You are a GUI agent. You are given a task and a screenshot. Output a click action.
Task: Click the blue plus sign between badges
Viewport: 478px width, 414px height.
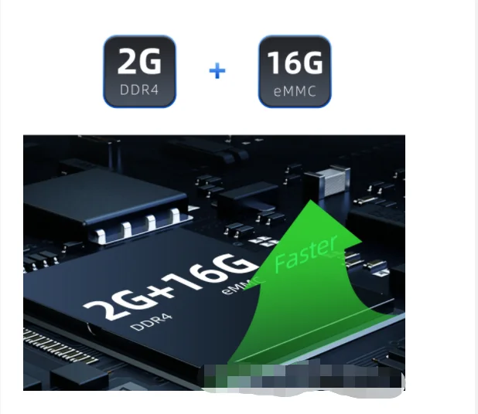pyautogui.click(x=217, y=71)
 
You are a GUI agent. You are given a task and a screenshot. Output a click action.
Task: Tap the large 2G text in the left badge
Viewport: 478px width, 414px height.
pyautogui.click(x=139, y=61)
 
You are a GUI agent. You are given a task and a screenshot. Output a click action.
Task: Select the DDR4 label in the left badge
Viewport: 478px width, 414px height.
pyautogui.click(x=139, y=90)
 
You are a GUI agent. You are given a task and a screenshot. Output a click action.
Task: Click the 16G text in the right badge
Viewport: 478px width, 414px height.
pyautogui.click(x=295, y=63)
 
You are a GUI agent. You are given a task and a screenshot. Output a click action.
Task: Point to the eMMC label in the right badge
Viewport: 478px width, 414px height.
pyautogui.click(x=295, y=91)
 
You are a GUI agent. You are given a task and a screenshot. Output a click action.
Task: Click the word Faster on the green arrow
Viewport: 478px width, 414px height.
pyautogui.click(x=306, y=253)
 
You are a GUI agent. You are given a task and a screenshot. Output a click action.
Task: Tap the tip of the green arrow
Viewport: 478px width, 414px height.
pyautogui.click(x=311, y=200)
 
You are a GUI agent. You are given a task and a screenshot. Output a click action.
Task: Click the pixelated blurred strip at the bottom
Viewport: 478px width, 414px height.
pyautogui.click(x=303, y=376)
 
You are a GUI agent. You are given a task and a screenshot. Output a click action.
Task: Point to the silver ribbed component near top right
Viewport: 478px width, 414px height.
pyautogui.click(x=333, y=181)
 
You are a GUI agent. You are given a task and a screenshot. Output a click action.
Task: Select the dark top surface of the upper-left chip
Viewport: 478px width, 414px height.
pyautogui.click(x=104, y=195)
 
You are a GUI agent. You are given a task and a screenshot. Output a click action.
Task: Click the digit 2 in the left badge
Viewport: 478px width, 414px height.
pyautogui.click(x=128, y=61)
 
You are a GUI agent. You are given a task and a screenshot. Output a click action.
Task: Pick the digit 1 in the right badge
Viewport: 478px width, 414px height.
pyautogui.click(x=273, y=63)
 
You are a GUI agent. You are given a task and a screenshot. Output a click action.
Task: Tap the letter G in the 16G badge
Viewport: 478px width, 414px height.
pyautogui.click(x=312, y=63)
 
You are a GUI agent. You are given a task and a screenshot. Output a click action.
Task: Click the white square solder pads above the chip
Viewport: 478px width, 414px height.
pyautogui.click(x=265, y=241)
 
